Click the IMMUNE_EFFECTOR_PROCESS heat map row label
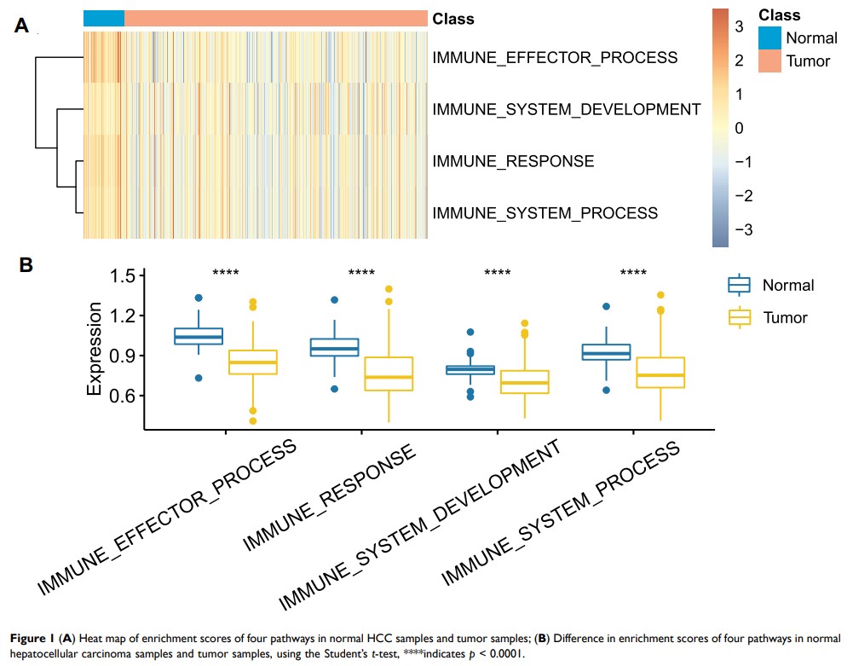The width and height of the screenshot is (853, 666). click(x=556, y=58)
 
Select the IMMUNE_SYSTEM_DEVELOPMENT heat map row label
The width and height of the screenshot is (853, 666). click(x=567, y=109)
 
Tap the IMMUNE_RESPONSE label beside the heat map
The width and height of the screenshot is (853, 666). click(x=513, y=160)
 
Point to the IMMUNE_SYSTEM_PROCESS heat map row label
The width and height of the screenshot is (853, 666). click(x=545, y=212)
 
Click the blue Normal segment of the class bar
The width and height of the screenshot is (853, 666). click(x=104, y=19)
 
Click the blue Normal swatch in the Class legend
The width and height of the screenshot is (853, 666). click(x=769, y=38)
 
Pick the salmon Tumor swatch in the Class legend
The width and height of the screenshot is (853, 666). click(x=769, y=61)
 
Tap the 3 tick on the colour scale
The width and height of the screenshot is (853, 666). click(x=739, y=25)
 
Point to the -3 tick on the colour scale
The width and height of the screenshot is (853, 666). click(x=736, y=230)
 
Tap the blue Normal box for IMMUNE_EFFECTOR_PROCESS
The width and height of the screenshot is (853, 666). click(x=199, y=336)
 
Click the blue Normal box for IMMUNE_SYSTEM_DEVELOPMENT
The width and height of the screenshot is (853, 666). click(x=470, y=369)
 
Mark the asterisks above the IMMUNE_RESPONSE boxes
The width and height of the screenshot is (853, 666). click(x=361, y=273)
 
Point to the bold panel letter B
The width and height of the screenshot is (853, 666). click(x=26, y=266)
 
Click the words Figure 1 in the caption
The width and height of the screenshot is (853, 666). click(x=32, y=638)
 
